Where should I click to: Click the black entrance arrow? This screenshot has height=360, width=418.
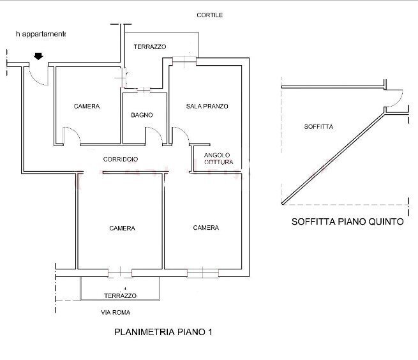point(38,57)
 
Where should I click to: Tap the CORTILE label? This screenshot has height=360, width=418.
point(209,15)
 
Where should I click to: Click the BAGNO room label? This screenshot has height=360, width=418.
point(142,116)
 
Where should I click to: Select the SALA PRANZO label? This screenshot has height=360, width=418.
point(207,106)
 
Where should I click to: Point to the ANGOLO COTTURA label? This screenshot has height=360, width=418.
point(218,159)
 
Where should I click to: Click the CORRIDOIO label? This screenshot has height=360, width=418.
point(120,159)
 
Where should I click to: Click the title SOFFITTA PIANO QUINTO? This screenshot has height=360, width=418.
point(347,223)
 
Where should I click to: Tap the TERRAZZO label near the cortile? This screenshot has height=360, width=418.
point(149,47)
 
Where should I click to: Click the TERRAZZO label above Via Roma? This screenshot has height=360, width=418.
point(121,296)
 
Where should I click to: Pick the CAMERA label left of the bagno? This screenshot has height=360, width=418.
point(86,107)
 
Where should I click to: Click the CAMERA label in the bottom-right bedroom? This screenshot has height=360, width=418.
point(206,228)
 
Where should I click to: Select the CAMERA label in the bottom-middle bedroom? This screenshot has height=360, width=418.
point(122,229)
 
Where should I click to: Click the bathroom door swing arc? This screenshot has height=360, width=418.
point(154,135)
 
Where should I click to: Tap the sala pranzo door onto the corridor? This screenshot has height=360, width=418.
point(180,135)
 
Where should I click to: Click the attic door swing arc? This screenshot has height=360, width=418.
point(396,99)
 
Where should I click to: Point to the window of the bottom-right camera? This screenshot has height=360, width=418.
point(202,273)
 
